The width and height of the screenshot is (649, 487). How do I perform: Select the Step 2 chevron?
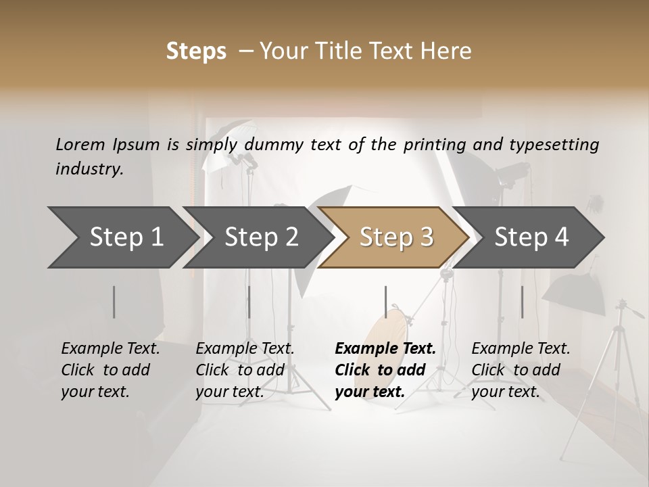click(x=261, y=237)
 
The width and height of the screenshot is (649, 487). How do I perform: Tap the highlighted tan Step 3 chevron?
click(x=395, y=237)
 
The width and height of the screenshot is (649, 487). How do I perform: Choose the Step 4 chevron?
click(x=531, y=237)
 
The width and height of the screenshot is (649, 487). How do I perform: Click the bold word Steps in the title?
click(x=196, y=51)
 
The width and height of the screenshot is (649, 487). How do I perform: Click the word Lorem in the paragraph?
click(x=80, y=144)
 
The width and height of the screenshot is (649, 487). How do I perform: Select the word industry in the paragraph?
click(x=89, y=169)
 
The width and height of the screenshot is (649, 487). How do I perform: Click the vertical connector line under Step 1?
click(x=114, y=302)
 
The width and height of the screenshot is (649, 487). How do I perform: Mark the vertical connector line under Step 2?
click(x=249, y=302)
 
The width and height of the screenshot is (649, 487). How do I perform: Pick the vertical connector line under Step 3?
click(x=385, y=302)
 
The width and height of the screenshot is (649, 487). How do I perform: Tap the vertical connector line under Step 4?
click(x=522, y=302)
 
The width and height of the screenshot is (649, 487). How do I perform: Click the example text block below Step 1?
click(x=110, y=370)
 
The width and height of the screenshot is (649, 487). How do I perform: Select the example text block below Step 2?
click(x=245, y=370)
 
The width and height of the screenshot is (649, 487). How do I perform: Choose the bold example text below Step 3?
click(x=385, y=370)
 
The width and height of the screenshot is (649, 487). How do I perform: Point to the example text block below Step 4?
click(x=521, y=370)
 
